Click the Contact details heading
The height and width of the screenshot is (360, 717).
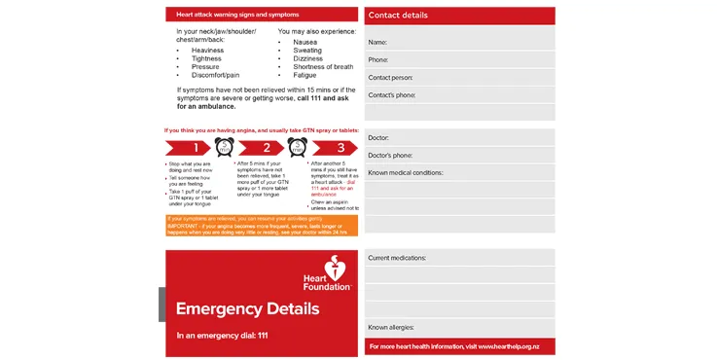point(397,16)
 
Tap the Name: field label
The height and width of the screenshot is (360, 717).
point(377,43)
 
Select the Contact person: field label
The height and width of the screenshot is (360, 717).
point(390,78)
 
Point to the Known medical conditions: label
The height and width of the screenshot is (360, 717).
point(406,172)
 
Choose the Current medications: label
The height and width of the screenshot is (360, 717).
point(397,258)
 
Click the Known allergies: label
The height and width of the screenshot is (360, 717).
point(391,328)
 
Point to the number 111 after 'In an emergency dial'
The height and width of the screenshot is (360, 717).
point(259,336)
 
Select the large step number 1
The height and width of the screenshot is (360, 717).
point(195,149)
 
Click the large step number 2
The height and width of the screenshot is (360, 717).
point(267,149)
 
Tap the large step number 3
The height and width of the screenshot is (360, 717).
point(340,149)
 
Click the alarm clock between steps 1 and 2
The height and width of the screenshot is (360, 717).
point(224,148)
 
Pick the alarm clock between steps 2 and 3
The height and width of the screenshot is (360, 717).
point(297,148)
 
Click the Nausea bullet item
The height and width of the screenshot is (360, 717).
point(305,42)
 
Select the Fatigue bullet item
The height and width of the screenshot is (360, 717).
point(305,75)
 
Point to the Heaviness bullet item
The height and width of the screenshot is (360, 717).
point(207,51)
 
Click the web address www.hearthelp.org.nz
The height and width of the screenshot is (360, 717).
point(516,346)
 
